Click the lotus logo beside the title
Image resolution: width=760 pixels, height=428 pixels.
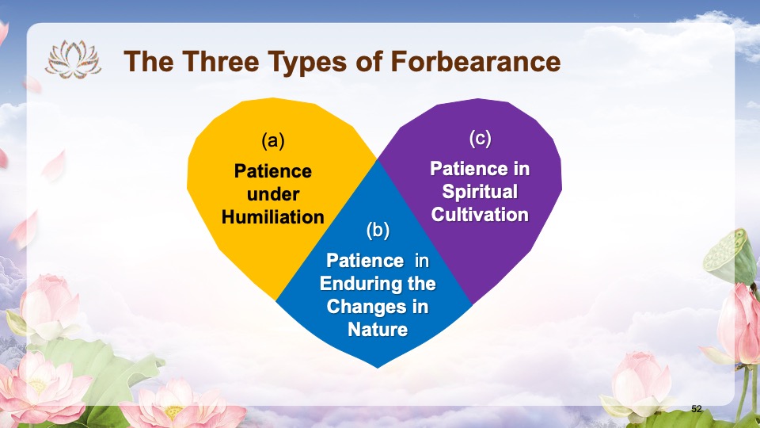pos(73,59)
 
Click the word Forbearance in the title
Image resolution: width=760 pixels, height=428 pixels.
pos(476,62)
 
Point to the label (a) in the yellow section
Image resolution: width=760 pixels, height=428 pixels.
pos(273,141)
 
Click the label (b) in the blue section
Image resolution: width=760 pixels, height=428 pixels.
pos(378,230)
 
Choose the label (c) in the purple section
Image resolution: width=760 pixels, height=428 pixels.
pos(480,138)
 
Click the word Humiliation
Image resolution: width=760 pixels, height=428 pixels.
pos(273,217)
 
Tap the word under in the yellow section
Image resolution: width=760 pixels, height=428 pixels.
pos(273,194)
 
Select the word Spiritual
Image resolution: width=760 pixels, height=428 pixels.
pos(480,192)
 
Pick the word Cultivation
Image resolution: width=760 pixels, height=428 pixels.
pos(480,215)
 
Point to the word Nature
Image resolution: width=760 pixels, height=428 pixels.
pos(378,330)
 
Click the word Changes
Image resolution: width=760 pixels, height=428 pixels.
pos(363,308)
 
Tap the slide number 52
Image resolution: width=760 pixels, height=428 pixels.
pos(697,409)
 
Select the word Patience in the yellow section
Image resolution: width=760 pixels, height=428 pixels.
pos(273,171)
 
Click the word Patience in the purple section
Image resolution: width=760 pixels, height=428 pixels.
pos(462,169)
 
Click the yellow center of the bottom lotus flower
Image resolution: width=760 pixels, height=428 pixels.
pos(173,412)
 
